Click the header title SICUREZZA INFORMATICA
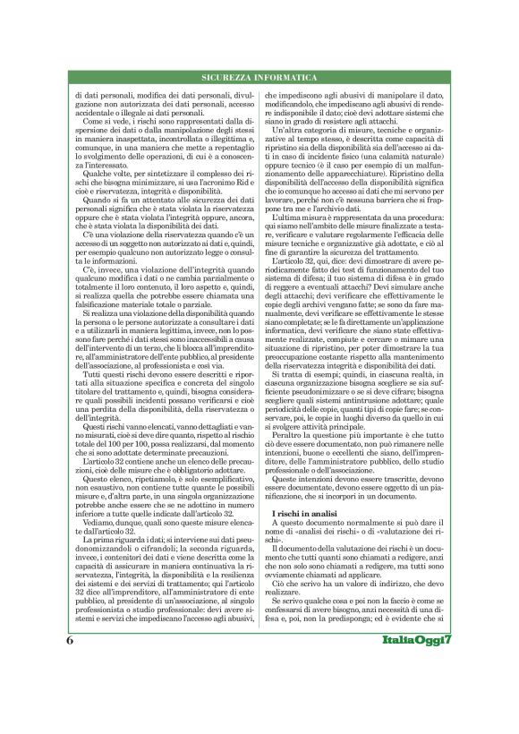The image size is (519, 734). pyautogui.click(x=259, y=79)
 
